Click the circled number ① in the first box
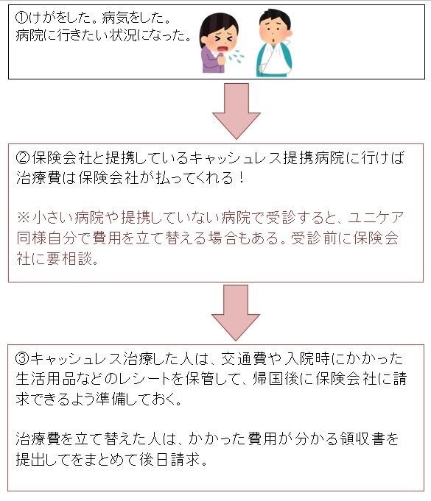[x=21, y=18]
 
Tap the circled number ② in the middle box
[x=23, y=157]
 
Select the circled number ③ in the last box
[x=22, y=358]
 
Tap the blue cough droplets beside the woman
[x=236, y=56]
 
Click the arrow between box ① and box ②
[x=236, y=111]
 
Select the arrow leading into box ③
[x=236, y=313]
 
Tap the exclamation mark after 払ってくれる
[x=241, y=177]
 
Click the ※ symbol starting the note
[x=24, y=217]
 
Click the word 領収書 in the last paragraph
[x=360, y=438]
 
